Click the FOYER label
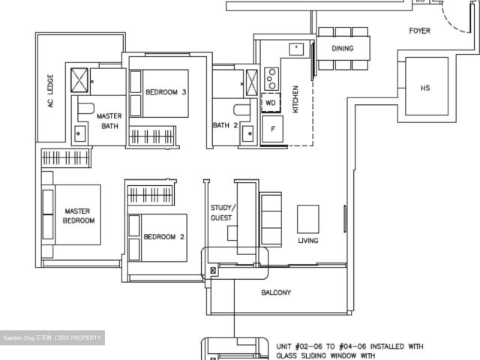click(419, 31)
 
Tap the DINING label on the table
click(343, 48)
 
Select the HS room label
click(425, 88)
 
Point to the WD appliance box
click(270, 102)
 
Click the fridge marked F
click(271, 129)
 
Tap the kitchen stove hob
click(271, 78)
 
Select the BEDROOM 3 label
click(166, 91)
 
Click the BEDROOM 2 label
click(164, 236)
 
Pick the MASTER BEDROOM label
click(78, 216)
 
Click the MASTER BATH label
click(109, 121)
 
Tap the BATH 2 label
click(225, 125)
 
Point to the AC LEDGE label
click(51, 91)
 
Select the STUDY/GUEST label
click(222, 212)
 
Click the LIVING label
click(307, 241)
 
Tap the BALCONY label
click(276, 292)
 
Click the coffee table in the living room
click(307, 219)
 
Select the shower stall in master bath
click(80, 79)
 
